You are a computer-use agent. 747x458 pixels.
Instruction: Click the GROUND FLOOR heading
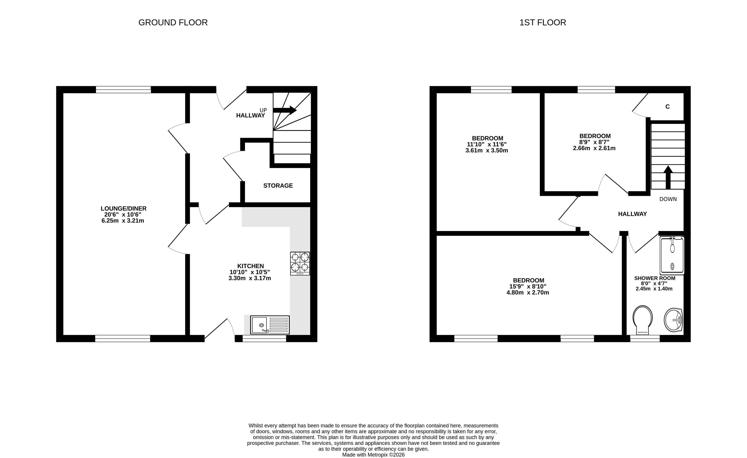coord(173,22)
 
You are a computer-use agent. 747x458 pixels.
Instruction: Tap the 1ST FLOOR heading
coord(543,22)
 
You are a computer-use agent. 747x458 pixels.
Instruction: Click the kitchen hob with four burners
coord(300,263)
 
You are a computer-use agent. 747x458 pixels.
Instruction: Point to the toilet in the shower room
coord(642,320)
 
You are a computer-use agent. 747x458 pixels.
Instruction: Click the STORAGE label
coord(278,186)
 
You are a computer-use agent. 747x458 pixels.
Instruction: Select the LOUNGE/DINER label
coord(124,208)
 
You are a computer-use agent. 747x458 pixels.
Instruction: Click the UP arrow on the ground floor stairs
coord(285,110)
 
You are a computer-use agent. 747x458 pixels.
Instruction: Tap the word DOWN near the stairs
coord(668,199)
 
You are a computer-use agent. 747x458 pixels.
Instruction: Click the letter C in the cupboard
coord(668,107)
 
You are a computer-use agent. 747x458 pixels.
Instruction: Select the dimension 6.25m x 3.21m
coord(123,221)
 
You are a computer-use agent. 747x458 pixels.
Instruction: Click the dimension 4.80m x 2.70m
coord(528,293)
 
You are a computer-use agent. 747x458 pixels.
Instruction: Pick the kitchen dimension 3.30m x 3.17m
coord(250,278)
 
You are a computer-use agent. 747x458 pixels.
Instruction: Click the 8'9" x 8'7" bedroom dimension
coord(594,142)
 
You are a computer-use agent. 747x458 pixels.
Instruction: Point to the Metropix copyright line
coord(373,455)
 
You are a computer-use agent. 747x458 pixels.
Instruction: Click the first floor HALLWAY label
coord(632,214)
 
